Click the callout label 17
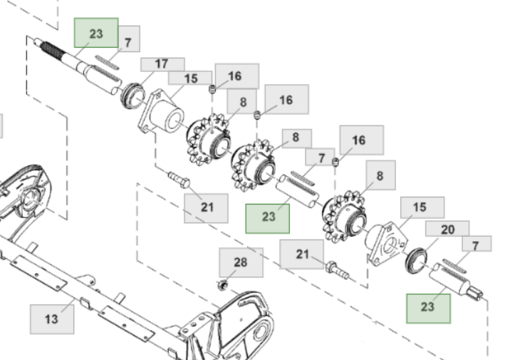pyautogui.click(x=162, y=64)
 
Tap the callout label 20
pyautogui.click(x=447, y=229)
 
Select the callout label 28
pyautogui.click(x=241, y=262)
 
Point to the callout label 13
pyautogui.click(x=51, y=319)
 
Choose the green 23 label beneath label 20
pyautogui.click(x=427, y=307)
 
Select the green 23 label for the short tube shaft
pyautogui.click(x=268, y=217)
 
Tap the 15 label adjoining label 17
pyautogui.click(x=191, y=78)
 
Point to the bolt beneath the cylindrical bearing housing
pyautogui.click(x=177, y=178)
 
